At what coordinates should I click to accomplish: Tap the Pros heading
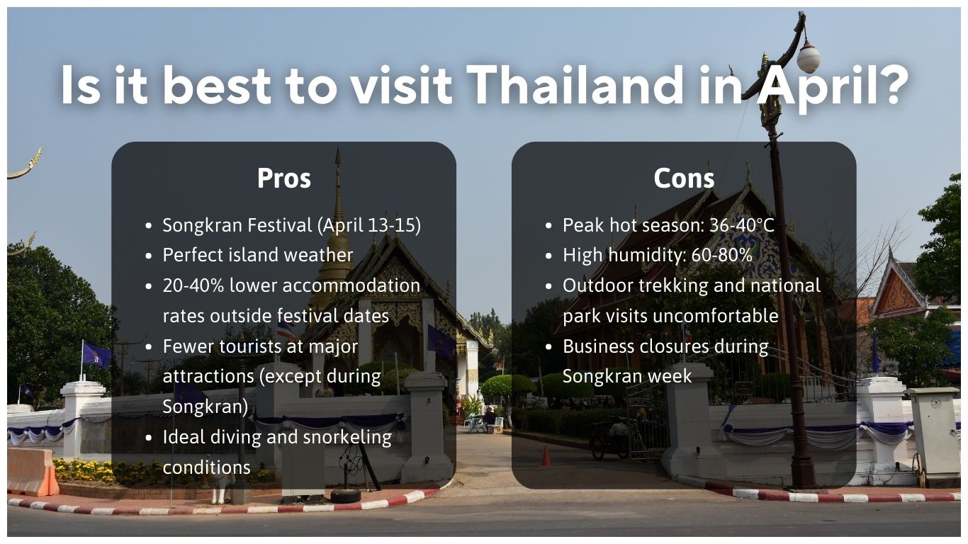283,178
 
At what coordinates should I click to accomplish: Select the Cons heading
684,178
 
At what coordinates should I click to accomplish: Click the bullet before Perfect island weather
149,256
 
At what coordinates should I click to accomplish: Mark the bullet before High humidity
549,256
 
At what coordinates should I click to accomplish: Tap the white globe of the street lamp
809,57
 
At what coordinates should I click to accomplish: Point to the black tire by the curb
345,496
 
